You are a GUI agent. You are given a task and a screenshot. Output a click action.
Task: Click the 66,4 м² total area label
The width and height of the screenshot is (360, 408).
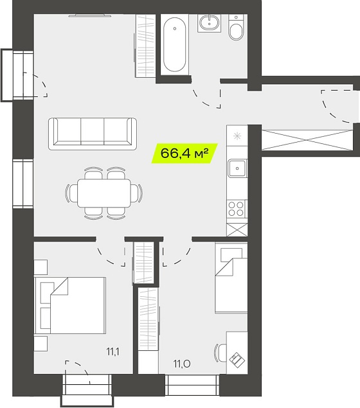(x=184, y=154)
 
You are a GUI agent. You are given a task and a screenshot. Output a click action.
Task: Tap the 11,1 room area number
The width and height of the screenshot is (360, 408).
(x=113, y=352)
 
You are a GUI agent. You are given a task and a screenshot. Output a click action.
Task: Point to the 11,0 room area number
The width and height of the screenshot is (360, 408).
(x=182, y=364)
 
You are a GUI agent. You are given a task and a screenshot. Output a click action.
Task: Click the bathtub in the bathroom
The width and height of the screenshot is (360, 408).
(x=175, y=44)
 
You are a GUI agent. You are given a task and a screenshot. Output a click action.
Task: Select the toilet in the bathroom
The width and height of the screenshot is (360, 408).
(x=236, y=27)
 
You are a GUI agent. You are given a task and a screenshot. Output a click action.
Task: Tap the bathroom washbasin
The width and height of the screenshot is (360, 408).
(x=210, y=23)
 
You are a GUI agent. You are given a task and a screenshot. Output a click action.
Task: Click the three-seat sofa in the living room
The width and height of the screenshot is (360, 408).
(x=93, y=134)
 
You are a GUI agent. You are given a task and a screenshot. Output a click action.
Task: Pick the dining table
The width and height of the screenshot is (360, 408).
(x=104, y=193)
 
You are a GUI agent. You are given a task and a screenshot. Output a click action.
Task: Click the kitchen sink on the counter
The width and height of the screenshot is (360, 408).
(x=237, y=168)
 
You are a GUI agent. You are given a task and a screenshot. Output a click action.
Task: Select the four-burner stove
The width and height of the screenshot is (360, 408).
(x=236, y=209)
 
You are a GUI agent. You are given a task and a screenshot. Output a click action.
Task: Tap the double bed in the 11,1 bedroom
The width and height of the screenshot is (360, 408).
(x=70, y=305)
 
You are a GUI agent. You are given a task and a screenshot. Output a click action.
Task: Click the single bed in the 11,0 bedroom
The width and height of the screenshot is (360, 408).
(x=231, y=278)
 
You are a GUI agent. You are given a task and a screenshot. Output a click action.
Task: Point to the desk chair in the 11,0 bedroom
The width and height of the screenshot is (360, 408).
(x=220, y=353)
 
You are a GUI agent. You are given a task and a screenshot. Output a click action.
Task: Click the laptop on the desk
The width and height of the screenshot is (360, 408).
(x=237, y=360)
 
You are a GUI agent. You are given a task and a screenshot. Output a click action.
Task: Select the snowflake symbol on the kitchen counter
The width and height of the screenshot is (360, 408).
(x=237, y=136)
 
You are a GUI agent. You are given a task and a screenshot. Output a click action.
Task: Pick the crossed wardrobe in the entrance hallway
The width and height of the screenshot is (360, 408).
(x=307, y=140)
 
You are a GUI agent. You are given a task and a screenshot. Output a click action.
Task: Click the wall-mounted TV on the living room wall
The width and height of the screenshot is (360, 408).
(x=90, y=16)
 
